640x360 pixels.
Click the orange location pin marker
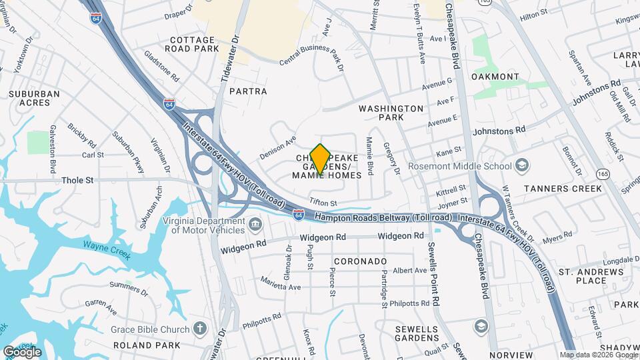(x=320, y=159)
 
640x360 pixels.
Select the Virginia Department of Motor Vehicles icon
(x=255, y=225)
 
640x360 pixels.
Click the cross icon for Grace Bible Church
(x=199, y=328)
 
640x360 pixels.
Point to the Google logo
(x=21, y=352)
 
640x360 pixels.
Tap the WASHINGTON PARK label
(x=391, y=112)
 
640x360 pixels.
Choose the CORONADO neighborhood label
(x=360, y=261)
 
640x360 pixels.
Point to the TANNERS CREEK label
(x=563, y=189)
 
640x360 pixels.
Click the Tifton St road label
(x=323, y=203)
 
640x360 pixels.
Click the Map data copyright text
(x=598, y=355)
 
